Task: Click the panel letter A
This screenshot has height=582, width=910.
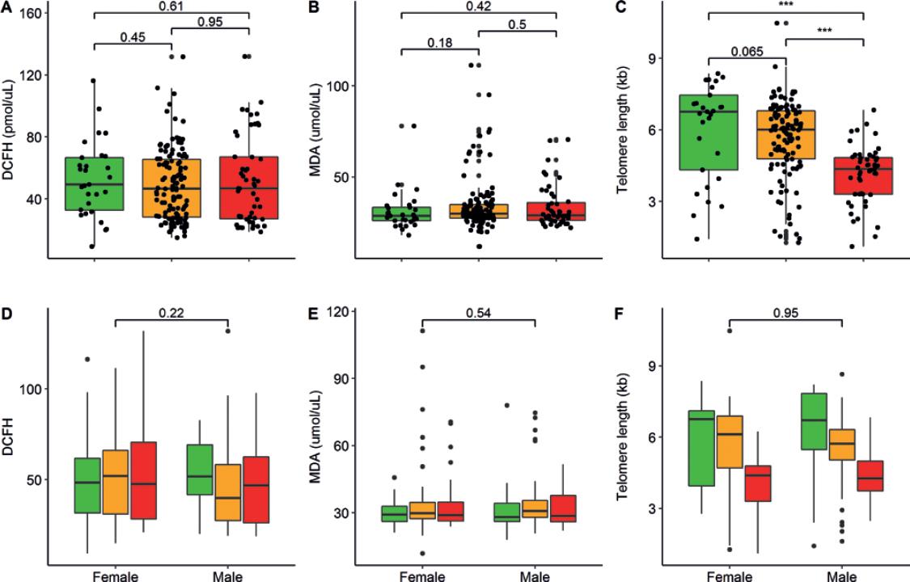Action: tap(6, 7)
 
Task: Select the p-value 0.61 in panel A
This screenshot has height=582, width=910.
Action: tap(172, 6)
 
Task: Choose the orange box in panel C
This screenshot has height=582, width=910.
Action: tap(786, 134)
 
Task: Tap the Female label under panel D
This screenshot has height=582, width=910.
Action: tap(115, 576)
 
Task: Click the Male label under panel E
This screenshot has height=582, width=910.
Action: tap(535, 576)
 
